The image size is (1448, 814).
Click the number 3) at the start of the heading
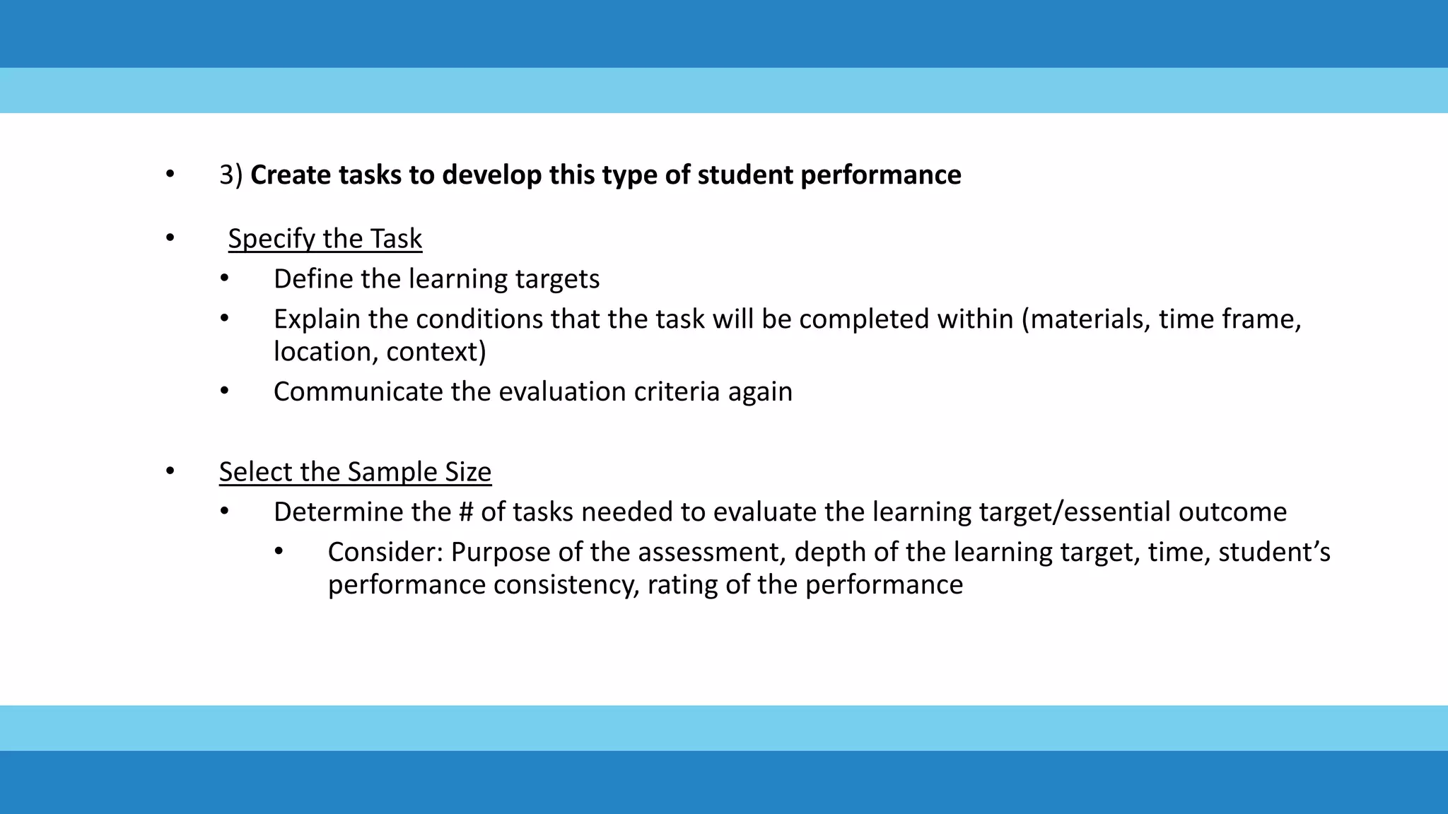click(x=230, y=175)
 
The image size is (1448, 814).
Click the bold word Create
click(x=291, y=175)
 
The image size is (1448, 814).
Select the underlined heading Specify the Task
click(x=325, y=239)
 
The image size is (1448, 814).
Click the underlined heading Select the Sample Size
click(x=355, y=472)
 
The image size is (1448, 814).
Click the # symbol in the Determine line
click(x=465, y=512)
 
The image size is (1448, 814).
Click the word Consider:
click(x=385, y=553)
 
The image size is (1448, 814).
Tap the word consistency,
click(x=566, y=585)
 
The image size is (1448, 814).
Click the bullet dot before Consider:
click(x=279, y=551)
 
